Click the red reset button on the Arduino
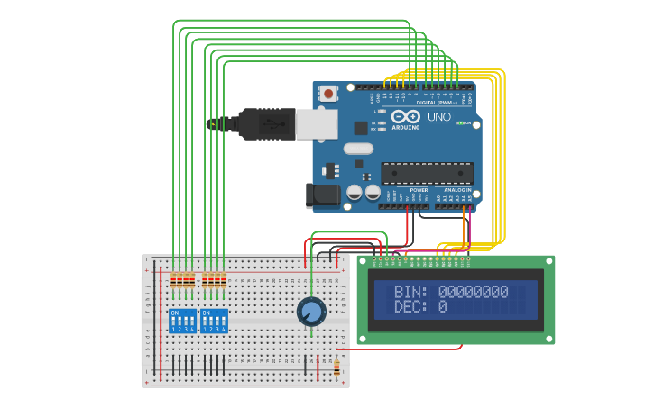pos(328,93)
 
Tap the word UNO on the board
pos(438,117)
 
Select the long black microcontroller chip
pos(427,173)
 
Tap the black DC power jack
pos(322,195)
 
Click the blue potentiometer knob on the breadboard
pos(310,312)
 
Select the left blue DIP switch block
pos(182,321)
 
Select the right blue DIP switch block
pos(214,321)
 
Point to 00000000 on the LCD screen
pos(473,293)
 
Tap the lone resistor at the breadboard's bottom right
pos(337,367)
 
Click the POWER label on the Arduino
pos(419,190)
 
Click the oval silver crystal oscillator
pos(358,149)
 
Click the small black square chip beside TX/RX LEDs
pos(361,128)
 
